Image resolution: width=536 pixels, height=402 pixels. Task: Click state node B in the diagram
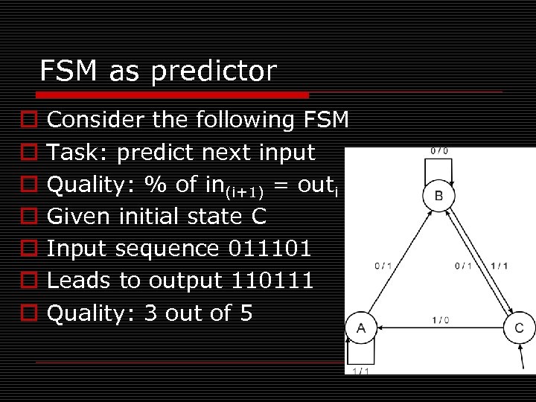pyautogui.click(x=438, y=195)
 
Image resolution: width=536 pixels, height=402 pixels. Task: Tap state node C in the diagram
pyautogui.click(x=519, y=328)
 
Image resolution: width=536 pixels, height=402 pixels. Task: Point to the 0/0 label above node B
pyautogui.click(x=438, y=151)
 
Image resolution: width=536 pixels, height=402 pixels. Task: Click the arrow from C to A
pyautogui.click(x=439, y=328)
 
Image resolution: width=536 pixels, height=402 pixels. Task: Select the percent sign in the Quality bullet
pyautogui.click(x=156, y=185)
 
